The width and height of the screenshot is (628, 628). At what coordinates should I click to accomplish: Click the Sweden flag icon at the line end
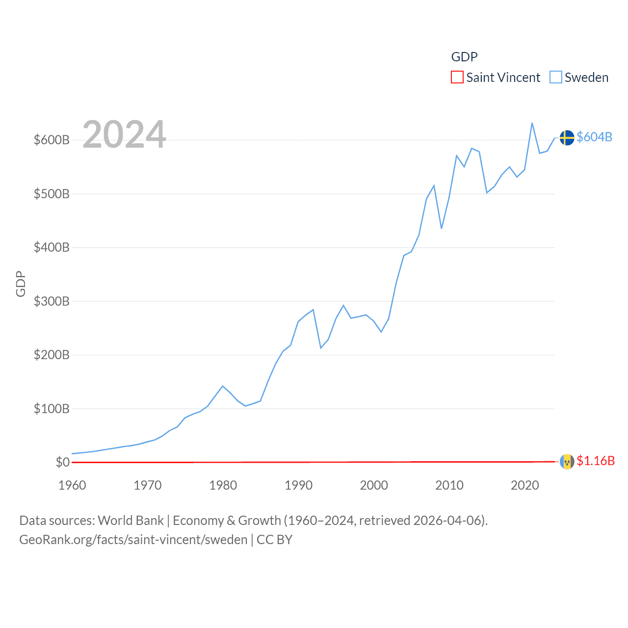click(567, 138)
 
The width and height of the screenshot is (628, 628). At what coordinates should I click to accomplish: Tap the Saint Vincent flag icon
click(567, 462)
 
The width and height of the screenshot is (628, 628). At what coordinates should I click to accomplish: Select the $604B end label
click(594, 137)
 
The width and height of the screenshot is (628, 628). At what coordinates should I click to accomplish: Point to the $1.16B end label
click(596, 461)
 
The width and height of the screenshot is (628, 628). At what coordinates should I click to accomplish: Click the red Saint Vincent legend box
click(457, 78)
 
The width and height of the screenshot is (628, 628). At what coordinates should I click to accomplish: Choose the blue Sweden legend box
click(555, 78)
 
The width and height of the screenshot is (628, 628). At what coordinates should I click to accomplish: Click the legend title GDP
click(464, 57)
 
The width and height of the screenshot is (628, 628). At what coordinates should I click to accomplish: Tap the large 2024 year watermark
click(124, 134)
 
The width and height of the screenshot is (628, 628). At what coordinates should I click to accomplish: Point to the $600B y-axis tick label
click(52, 140)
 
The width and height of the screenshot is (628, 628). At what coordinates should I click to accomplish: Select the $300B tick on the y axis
click(52, 301)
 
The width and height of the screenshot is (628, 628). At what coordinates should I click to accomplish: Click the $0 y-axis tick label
click(62, 462)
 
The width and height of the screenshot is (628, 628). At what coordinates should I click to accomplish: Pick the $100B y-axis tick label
click(52, 409)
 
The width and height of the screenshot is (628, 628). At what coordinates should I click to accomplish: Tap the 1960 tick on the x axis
click(72, 486)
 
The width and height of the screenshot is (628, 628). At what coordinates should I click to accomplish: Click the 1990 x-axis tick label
click(298, 486)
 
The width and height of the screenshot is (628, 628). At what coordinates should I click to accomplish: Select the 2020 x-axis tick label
click(524, 486)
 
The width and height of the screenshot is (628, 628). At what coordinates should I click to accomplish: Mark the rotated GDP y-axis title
click(21, 284)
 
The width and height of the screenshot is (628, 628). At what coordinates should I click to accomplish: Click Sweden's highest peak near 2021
click(532, 123)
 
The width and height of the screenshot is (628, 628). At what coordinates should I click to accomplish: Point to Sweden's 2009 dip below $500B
click(442, 228)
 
